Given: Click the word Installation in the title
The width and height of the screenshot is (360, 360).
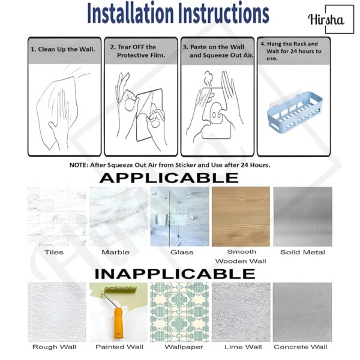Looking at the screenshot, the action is pos(130,13).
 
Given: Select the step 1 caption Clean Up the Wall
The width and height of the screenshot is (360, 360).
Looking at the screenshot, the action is pos(63,49).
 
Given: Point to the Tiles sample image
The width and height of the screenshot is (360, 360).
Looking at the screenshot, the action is pos(57,217).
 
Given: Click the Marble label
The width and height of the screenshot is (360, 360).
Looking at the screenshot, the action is pos(115,253).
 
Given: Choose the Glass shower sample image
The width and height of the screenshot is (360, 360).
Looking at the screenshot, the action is pos(179,217).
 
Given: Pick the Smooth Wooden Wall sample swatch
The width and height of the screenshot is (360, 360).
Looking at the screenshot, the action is pos(241,217).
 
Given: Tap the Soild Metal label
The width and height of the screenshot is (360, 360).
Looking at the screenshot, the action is pos(302,253).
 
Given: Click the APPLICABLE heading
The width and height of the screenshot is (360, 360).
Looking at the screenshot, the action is pos(169,178).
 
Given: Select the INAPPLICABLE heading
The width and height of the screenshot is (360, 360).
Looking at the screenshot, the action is pos(175,274).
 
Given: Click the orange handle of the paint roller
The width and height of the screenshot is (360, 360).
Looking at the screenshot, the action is pos(118,323).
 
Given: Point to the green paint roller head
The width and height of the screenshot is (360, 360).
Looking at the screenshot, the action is pos(121,290).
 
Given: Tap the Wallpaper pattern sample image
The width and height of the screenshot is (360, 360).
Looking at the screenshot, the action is pos(179,312).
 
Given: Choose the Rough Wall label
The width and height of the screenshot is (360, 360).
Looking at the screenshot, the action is pos(55,347).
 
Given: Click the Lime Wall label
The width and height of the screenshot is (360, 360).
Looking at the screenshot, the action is pos(243,347).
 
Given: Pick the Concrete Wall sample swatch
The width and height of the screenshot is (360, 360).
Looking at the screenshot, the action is pos(302,312).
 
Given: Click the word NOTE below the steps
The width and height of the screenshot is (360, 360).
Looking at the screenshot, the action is pos(79,165).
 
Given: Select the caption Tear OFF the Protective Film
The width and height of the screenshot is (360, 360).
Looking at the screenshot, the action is pos(137,51).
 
